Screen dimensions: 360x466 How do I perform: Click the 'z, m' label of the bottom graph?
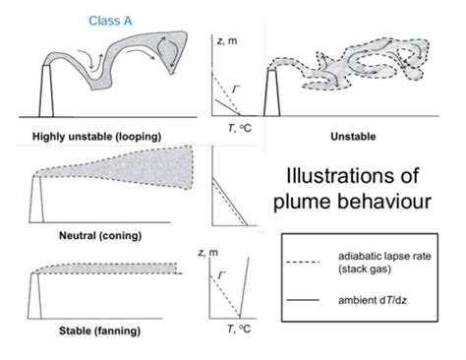click(x=225, y=254)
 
